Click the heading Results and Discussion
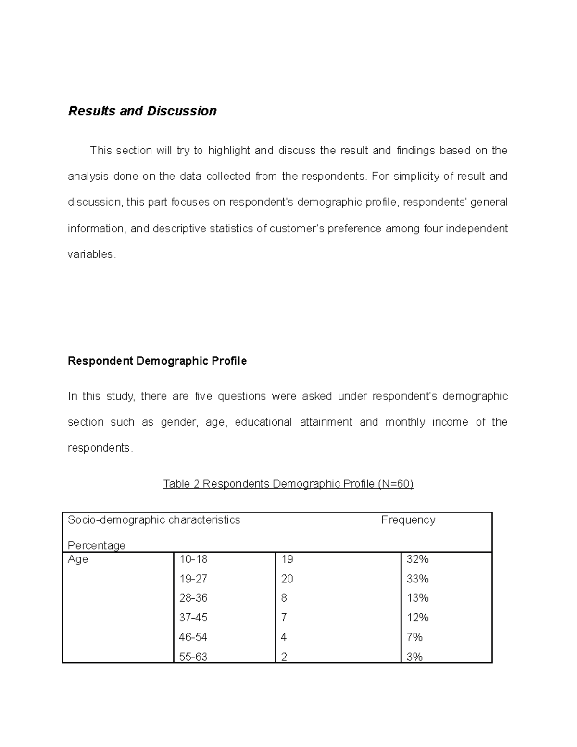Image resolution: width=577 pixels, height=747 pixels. (142, 111)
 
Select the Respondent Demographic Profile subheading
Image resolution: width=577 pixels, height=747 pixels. (157, 361)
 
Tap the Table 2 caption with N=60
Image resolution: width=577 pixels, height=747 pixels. (288, 483)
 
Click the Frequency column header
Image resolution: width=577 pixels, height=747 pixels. (408, 520)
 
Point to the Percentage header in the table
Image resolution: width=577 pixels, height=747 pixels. (96, 545)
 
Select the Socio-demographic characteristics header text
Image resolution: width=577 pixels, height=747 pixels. (154, 520)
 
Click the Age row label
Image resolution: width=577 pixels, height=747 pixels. (78, 559)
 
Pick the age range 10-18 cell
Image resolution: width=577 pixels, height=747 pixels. (193, 559)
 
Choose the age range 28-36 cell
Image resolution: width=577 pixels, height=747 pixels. (193, 598)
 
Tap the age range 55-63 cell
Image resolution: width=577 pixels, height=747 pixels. (193, 657)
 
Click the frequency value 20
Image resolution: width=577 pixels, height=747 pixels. (287, 579)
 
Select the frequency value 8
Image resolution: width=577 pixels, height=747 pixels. (284, 598)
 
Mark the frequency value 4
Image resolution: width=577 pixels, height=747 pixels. (284, 637)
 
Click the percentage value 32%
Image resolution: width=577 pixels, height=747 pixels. (417, 559)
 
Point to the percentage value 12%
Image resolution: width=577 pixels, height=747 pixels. (417, 618)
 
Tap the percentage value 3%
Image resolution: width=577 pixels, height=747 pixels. (414, 657)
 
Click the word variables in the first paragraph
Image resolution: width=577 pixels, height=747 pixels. (90, 254)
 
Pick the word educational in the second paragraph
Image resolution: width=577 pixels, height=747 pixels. (263, 422)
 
